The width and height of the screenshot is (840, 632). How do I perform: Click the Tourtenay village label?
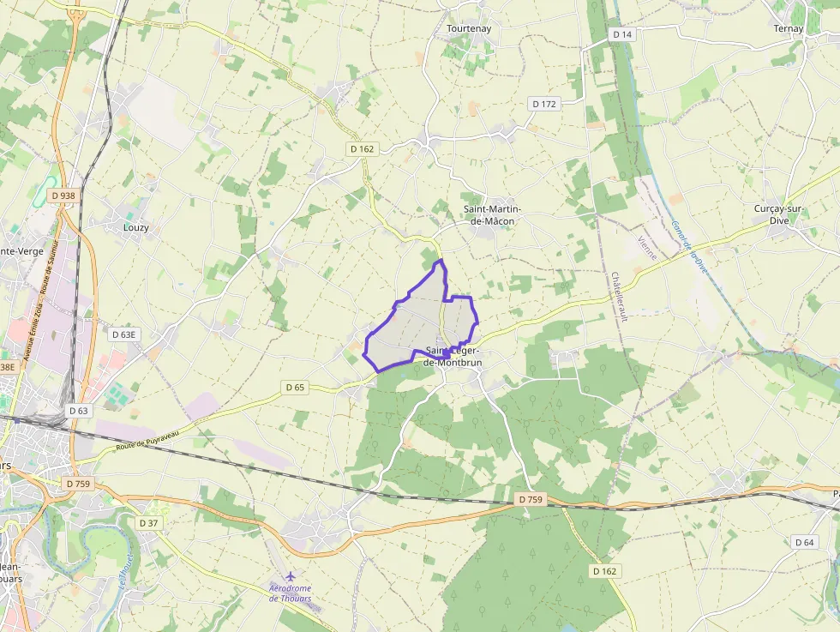pyautogui.click(x=469, y=28)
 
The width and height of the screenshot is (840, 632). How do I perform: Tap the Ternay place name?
pyautogui.click(x=789, y=28)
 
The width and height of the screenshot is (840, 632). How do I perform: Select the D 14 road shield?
pyautogui.click(x=622, y=34)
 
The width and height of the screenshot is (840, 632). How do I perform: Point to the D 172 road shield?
pyautogui.click(x=544, y=104)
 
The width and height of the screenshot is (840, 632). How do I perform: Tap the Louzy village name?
pyautogui.click(x=136, y=227)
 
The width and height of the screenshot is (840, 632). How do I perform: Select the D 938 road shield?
pyautogui.click(x=63, y=196)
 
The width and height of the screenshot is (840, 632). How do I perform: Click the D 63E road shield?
pyautogui.click(x=124, y=334)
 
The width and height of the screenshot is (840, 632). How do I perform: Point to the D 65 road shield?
pyautogui.click(x=294, y=388)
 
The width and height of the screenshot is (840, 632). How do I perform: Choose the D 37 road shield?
pyautogui.click(x=149, y=522)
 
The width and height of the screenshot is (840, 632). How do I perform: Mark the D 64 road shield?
pyautogui.click(x=804, y=542)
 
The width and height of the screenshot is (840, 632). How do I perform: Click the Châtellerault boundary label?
pyautogui.click(x=619, y=297)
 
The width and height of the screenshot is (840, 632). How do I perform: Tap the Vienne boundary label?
pyautogui.click(x=647, y=250)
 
